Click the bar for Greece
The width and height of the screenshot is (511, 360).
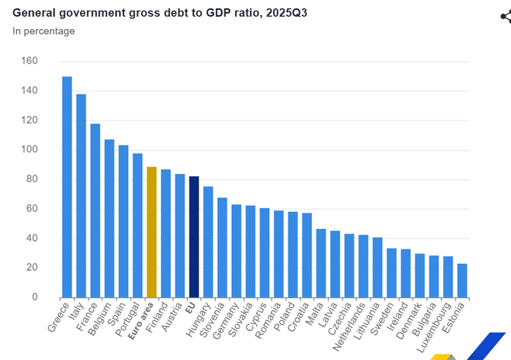[67, 187]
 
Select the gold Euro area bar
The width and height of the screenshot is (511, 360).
[152, 232]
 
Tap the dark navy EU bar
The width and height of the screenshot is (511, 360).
[194, 236]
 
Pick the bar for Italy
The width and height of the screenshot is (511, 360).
[81, 195]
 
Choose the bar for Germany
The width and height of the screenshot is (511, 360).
[236, 250]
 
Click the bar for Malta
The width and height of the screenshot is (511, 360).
[321, 262]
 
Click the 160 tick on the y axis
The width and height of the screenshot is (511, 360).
[30, 61]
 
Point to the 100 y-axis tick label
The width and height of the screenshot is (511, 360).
[30, 149]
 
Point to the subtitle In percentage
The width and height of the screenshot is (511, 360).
[43, 31]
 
